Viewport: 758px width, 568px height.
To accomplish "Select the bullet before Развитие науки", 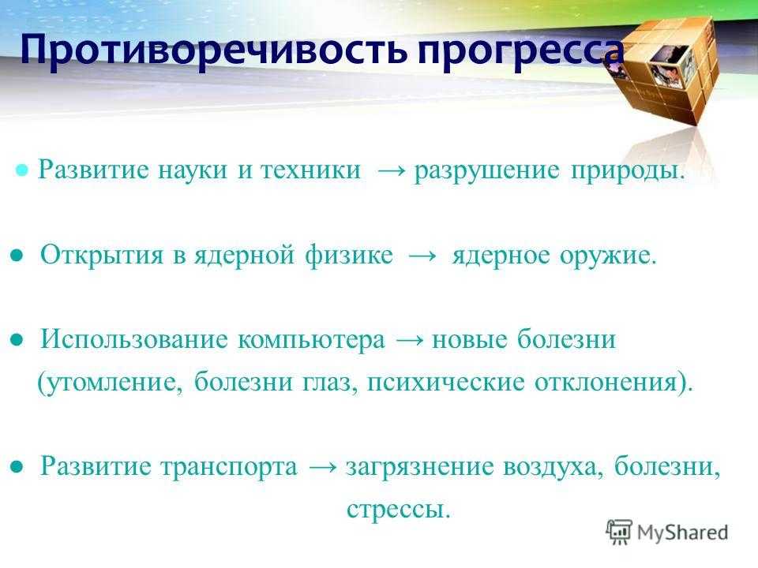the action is point(22,170).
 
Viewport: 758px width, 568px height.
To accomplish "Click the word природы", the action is point(628,171).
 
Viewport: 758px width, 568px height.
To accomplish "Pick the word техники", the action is point(311,170).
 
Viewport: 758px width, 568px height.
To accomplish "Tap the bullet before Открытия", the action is point(17,256).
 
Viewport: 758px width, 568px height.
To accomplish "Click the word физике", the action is point(348,255).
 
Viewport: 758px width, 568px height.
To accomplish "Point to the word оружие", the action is point(608,256).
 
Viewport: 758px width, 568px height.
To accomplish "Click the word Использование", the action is point(134,339).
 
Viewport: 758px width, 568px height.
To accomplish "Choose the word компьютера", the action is point(312,340).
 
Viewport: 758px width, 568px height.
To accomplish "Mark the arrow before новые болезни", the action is point(410,340).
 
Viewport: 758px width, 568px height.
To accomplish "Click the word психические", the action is point(445,383).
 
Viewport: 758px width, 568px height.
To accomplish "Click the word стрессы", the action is point(398,509).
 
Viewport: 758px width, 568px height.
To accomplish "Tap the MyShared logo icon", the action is point(619,532).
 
